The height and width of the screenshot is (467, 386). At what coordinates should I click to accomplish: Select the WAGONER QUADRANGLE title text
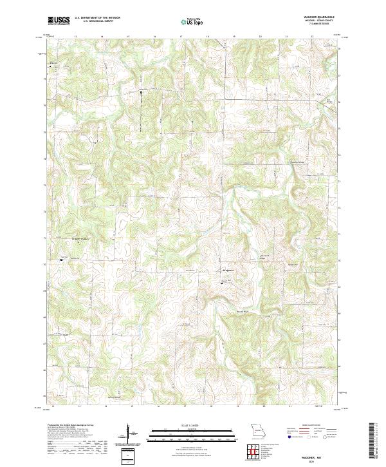point(319,17)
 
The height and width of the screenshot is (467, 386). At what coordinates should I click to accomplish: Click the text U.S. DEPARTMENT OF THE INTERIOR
point(96,19)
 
